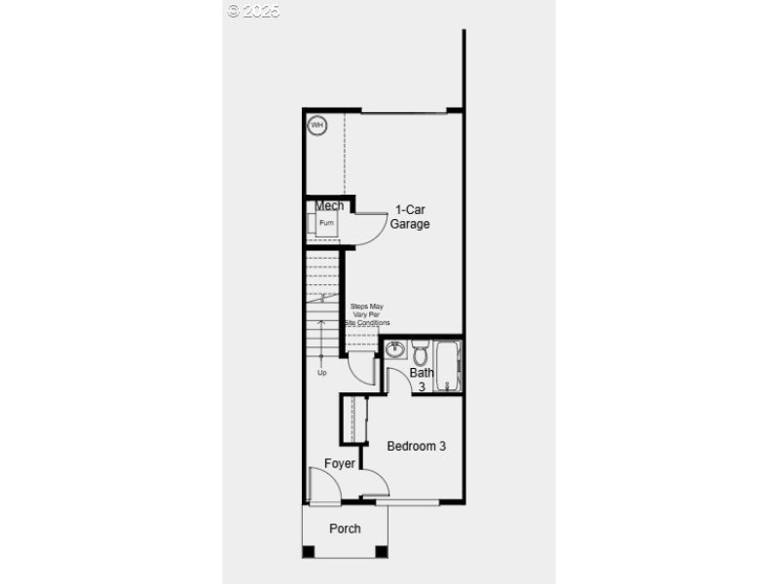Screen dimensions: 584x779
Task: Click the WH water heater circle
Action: [317, 125]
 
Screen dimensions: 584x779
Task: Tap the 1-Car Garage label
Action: [410, 216]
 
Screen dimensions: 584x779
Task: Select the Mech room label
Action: [329, 205]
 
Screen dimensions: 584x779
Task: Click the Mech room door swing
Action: [367, 230]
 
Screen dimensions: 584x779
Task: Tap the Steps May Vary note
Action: [367, 314]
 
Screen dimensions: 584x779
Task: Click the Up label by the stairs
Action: [321, 372]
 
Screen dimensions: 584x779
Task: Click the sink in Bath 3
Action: [395, 349]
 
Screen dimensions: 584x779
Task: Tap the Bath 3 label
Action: [422, 380]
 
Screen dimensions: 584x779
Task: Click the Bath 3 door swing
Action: [397, 381]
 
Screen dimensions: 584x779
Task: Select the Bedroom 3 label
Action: [416, 447]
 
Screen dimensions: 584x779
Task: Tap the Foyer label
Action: [340, 463]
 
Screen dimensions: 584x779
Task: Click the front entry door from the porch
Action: [322, 487]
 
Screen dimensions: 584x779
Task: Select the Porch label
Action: [345, 529]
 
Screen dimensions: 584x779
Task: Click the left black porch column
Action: [309, 552]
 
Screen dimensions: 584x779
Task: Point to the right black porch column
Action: [381, 552]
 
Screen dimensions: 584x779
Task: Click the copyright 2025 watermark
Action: [253, 11]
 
